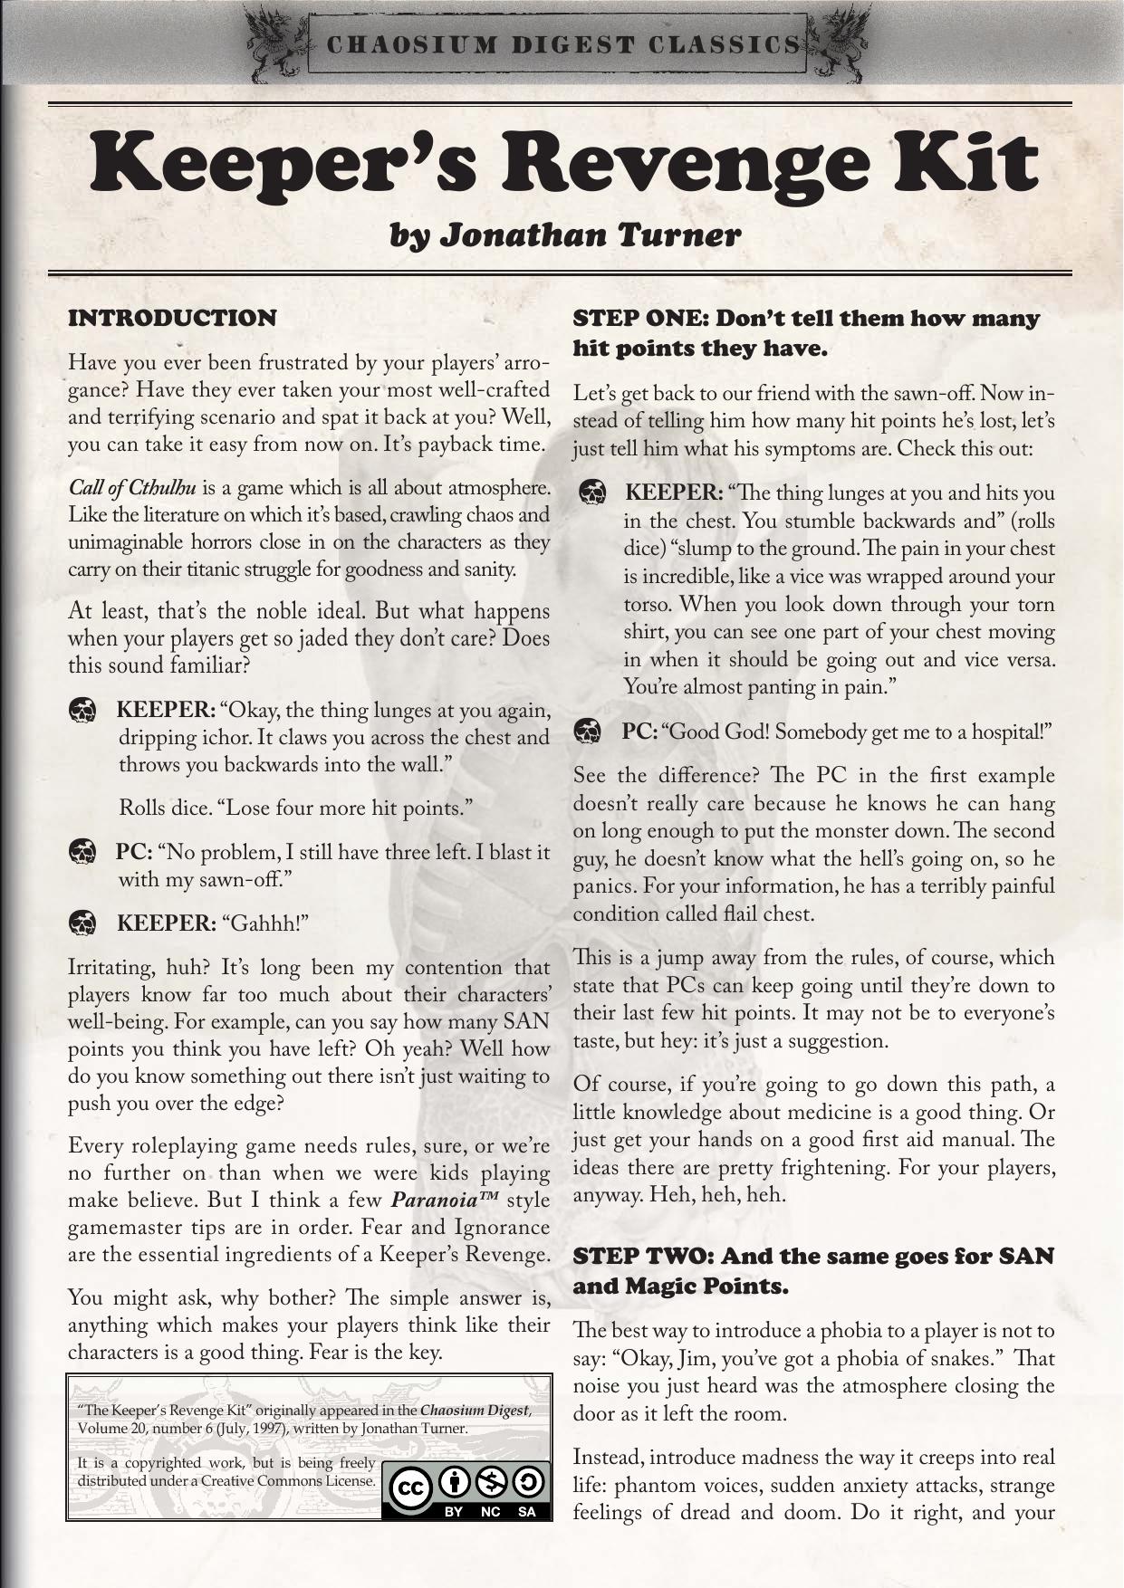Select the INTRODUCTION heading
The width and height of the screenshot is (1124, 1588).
click(172, 319)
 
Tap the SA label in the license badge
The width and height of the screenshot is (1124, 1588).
click(527, 1512)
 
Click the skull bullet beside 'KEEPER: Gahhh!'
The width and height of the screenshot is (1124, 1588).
click(82, 923)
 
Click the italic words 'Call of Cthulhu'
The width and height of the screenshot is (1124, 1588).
click(132, 488)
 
